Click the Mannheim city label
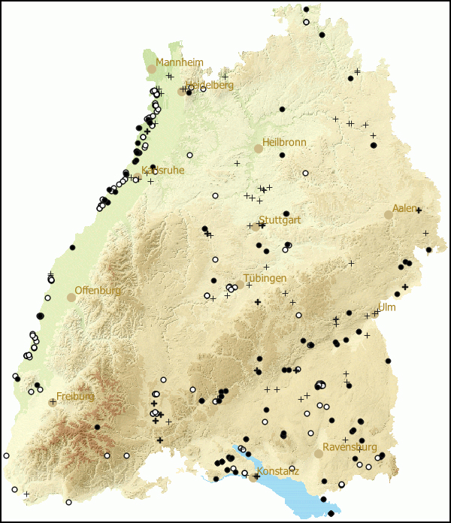coord(180,62)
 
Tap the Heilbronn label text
coord(284,143)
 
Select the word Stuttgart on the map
coord(280,220)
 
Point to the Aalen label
coord(404,208)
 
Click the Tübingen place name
coord(265,278)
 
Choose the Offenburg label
coord(98,291)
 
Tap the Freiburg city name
coord(75,396)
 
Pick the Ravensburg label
coord(350,447)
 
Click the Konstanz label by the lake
coord(278,471)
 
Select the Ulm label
coord(386,307)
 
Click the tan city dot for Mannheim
coord(151,68)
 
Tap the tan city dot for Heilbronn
coord(258,149)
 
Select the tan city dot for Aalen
coord(389,214)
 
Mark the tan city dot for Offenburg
coord(71,297)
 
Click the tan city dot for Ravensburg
coord(319,453)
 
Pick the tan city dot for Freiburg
coord(53,402)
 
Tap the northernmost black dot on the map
coord(306,10)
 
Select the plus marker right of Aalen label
coord(419,210)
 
